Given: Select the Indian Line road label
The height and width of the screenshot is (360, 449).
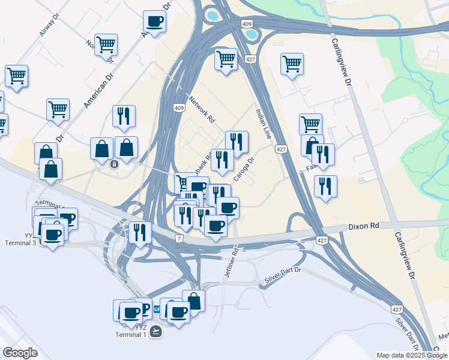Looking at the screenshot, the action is click(x=264, y=124).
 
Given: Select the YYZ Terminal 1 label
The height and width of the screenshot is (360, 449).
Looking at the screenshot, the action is click(x=131, y=331).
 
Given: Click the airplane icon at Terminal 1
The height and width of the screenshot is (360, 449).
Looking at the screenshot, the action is click(x=155, y=331).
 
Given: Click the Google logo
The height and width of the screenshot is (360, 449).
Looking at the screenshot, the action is click(x=20, y=353).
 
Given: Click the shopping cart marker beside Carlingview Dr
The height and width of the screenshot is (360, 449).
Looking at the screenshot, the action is click(x=292, y=63).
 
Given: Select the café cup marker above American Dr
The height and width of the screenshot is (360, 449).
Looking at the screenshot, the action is click(x=154, y=22).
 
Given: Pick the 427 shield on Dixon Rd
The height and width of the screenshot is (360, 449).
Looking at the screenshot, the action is click(x=322, y=240).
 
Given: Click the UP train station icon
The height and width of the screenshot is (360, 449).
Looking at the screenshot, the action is click(x=157, y=310).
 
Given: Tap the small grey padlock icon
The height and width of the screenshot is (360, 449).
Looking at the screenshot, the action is click(x=115, y=164).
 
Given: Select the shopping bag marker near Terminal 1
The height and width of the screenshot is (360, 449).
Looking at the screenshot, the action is click(x=193, y=301).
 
